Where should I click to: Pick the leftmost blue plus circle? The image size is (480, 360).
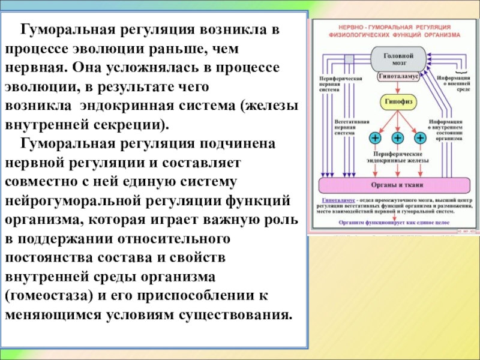pyautogui.click(x=375, y=139)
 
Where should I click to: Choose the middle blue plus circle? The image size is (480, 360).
pyautogui.click(x=397, y=139)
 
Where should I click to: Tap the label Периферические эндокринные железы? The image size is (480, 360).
pyautogui.click(x=397, y=157)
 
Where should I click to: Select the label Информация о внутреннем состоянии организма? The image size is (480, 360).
pyautogui.click(x=444, y=128)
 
